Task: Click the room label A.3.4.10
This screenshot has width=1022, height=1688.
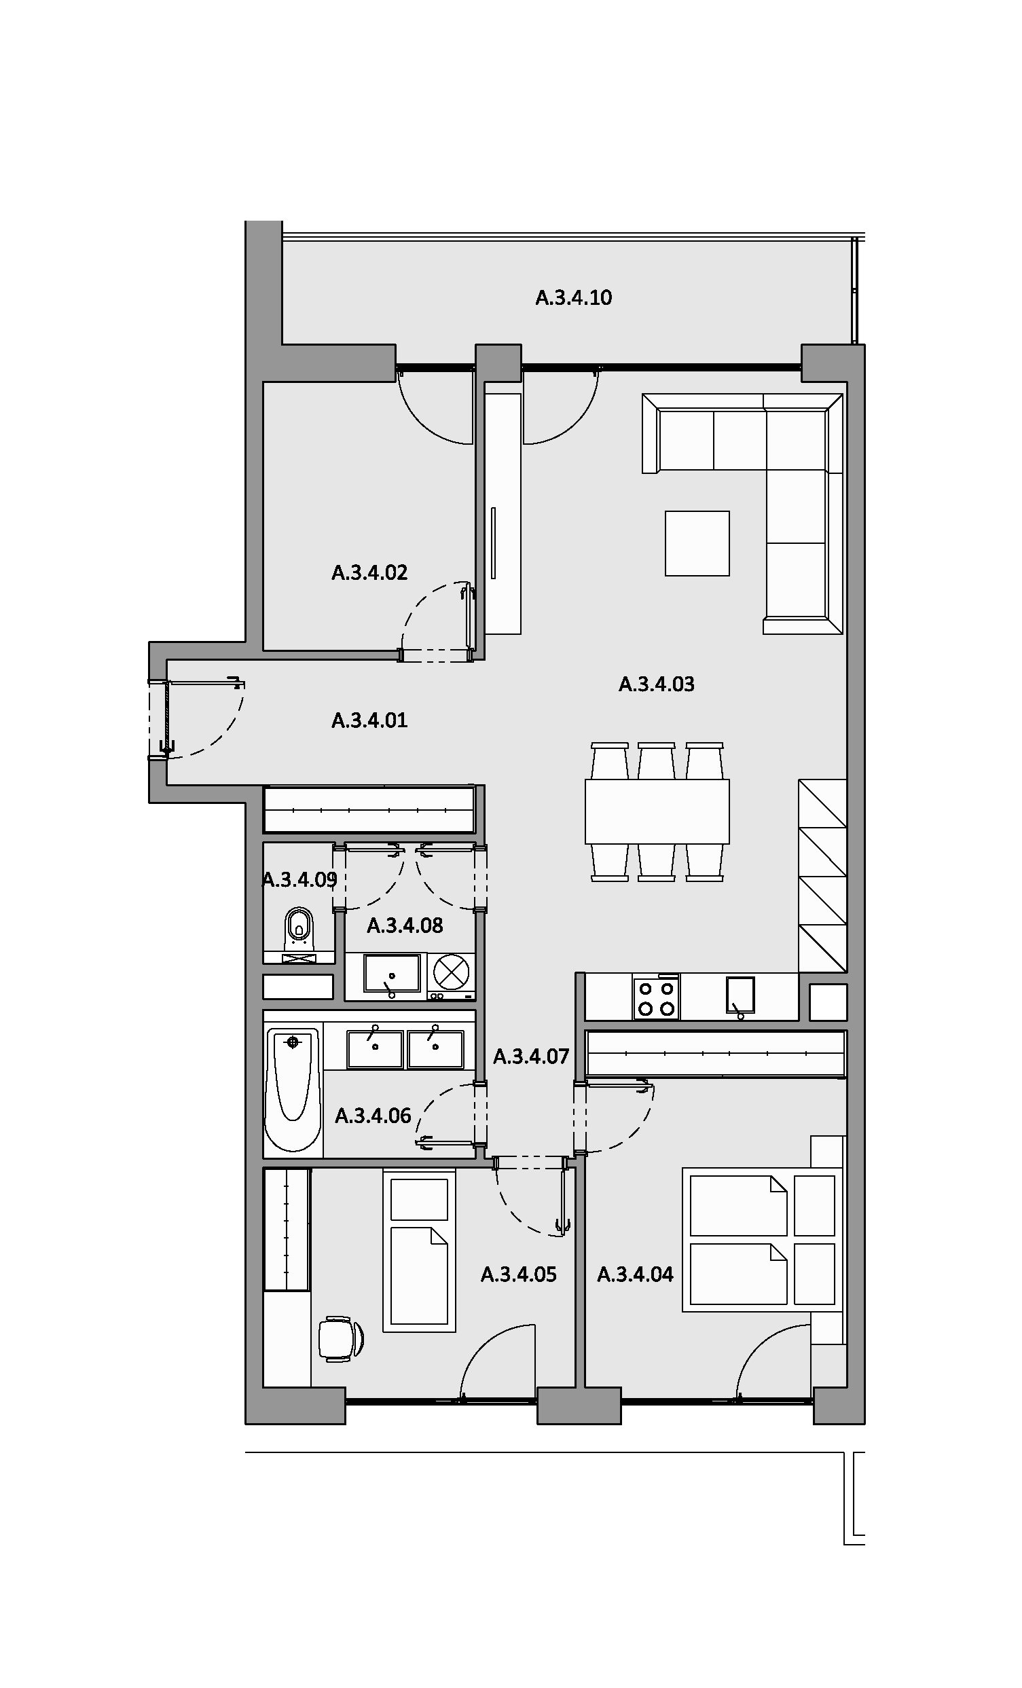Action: pyautogui.click(x=573, y=298)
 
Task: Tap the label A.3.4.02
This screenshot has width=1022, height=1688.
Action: pyautogui.click(x=369, y=572)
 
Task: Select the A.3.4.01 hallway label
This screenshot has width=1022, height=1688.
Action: pyautogui.click(x=369, y=720)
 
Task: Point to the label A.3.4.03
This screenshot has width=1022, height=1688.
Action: pyautogui.click(x=656, y=684)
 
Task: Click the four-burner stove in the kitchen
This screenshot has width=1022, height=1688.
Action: pyautogui.click(x=656, y=998)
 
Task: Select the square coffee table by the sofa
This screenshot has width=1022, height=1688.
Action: pyautogui.click(x=697, y=543)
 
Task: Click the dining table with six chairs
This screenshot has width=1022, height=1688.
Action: pyautogui.click(x=657, y=811)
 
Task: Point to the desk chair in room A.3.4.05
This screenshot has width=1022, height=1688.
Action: pyautogui.click(x=340, y=1338)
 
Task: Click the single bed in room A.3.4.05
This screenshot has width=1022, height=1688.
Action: pyautogui.click(x=419, y=1251)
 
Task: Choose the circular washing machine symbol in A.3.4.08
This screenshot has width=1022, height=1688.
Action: pyautogui.click(x=452, y=972)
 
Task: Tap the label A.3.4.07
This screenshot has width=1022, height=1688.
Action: pyautogui.click(x=531, y=1057)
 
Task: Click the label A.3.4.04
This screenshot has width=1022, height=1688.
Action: pyautogui.click(x=635, y=1274)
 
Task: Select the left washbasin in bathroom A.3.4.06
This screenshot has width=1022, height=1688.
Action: pyautogui.click(x=375, y=1049)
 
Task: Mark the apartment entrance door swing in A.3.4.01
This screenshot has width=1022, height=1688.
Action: pyautogui.click(x=206, y=719)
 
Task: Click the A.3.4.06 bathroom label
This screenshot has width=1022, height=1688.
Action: pyautogui.click(x=373, y=1116)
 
